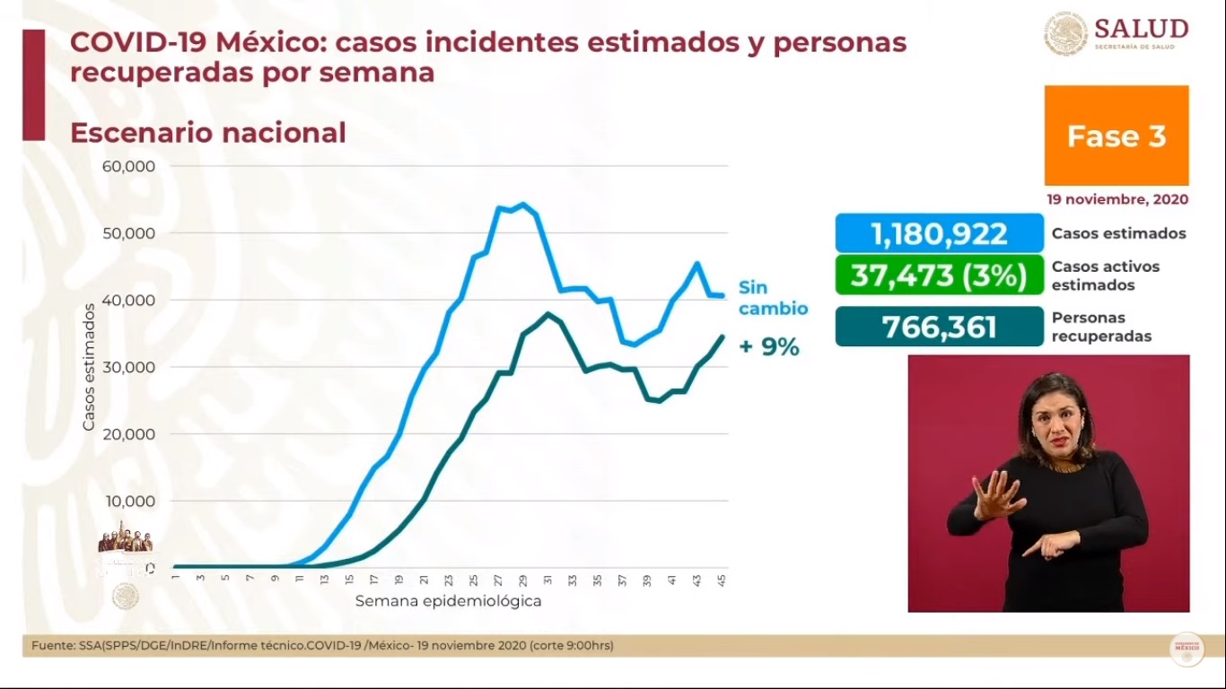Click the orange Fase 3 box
click(x=1116, y=135)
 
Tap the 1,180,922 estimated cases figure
click(x=939, y=233)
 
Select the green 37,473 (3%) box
click(x=939, y=275)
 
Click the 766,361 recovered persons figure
click(x=939, y=327)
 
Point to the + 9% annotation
click(x=768, y=347)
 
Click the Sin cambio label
click(x=772, y=298)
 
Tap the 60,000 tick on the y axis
click(x=131, y=166)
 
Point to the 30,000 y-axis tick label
click(x=131, y=367)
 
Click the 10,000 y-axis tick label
click(x=131, y=501)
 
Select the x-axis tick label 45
click(x=722, y=580)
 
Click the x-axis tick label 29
click(x=522, y=580)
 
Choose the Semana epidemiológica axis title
click(x=448, y=601)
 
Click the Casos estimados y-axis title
click(x=89, y=366)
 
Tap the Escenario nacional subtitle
click(x=207, y=133)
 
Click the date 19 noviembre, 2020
click(x=1117, y=199)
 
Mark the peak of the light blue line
click(x=523, y=204)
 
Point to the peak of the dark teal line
click(x=547, y=313)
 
